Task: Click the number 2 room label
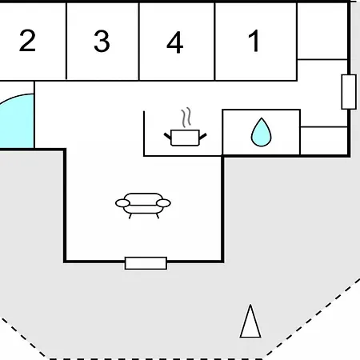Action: click(27, 41)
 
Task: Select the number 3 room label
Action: click(102, 41)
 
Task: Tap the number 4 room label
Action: click(175, 42)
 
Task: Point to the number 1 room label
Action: click(254, 41)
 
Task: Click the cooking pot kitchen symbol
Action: click(185, 138)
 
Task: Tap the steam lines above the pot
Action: click(186, 118)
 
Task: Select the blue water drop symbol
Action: click(262, 132)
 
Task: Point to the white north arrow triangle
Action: click(250, 322)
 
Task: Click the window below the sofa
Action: click(146, 263)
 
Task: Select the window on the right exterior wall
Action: click(349, 92)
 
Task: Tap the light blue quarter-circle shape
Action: click(17, 121)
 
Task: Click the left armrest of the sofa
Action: click(122, 203)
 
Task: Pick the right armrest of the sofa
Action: click(163, 203)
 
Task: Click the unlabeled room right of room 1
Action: click(322, 30)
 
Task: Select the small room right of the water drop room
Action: click(324, 141)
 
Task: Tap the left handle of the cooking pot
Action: click(167, 137)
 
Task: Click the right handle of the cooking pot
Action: click(203, 137)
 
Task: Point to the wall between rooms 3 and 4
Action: click(139, 42)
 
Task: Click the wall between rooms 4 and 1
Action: click(214, 42)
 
